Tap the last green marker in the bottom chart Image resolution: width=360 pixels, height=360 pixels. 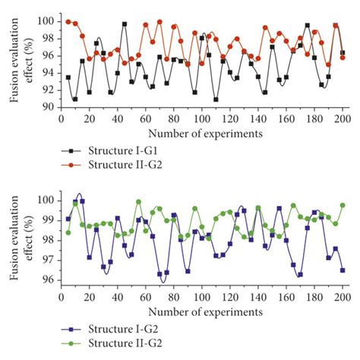343,205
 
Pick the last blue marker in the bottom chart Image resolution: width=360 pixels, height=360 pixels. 343,270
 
